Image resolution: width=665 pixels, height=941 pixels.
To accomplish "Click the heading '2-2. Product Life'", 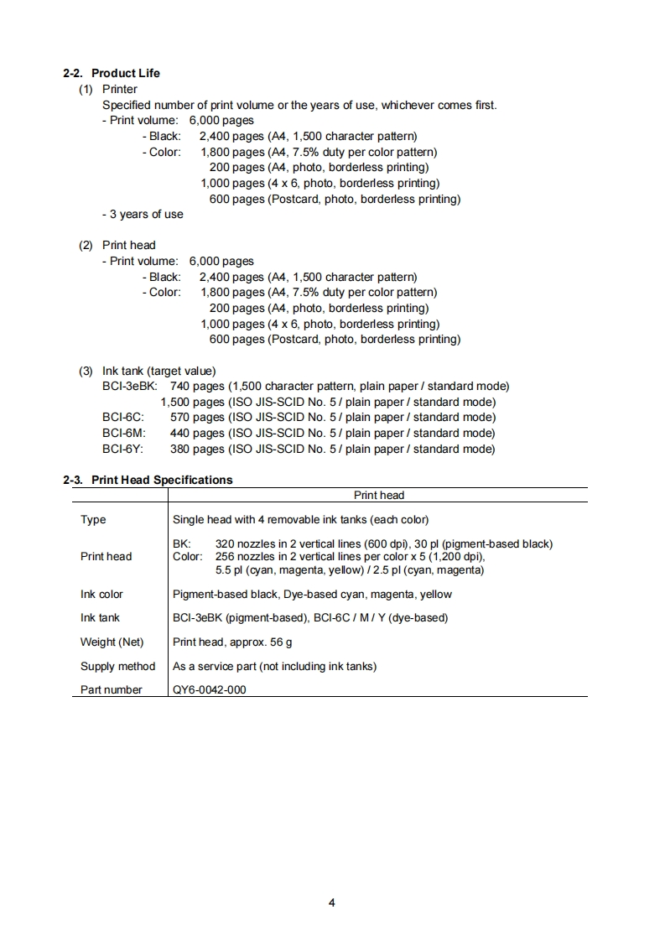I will (x=111, y=73).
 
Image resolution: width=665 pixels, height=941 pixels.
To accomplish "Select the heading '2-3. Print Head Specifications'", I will (x=148, y=480).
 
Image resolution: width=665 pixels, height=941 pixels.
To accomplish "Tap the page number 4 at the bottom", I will (x=332, y=903).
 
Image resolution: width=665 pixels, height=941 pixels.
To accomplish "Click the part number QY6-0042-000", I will (x=209, y=689).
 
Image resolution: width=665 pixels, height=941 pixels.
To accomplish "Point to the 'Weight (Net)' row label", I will (x=112, y=642).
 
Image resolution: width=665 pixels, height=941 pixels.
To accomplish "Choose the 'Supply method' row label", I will (x=117, y=666).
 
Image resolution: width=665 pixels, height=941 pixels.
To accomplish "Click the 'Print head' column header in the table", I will (x=379, y=495).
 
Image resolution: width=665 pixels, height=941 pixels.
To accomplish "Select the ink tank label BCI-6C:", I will (x=123, y=417).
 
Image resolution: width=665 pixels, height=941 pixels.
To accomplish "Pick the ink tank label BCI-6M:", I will (x=123, y=433).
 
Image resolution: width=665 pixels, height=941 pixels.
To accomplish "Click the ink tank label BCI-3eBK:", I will (x=129, y=386).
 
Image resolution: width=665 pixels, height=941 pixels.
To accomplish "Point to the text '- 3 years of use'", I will (x=143, y=214).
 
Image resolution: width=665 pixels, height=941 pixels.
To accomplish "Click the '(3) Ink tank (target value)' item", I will (x=147, y=371).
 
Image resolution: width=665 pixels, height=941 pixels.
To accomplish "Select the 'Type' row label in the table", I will (x=93, y=519).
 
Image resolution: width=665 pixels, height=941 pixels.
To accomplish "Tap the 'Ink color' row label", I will (x=101, y=594).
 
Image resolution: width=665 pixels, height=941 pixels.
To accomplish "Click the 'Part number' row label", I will (x=111, y=689).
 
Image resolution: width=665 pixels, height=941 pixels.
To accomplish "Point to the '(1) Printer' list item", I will (x=108, y=89).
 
